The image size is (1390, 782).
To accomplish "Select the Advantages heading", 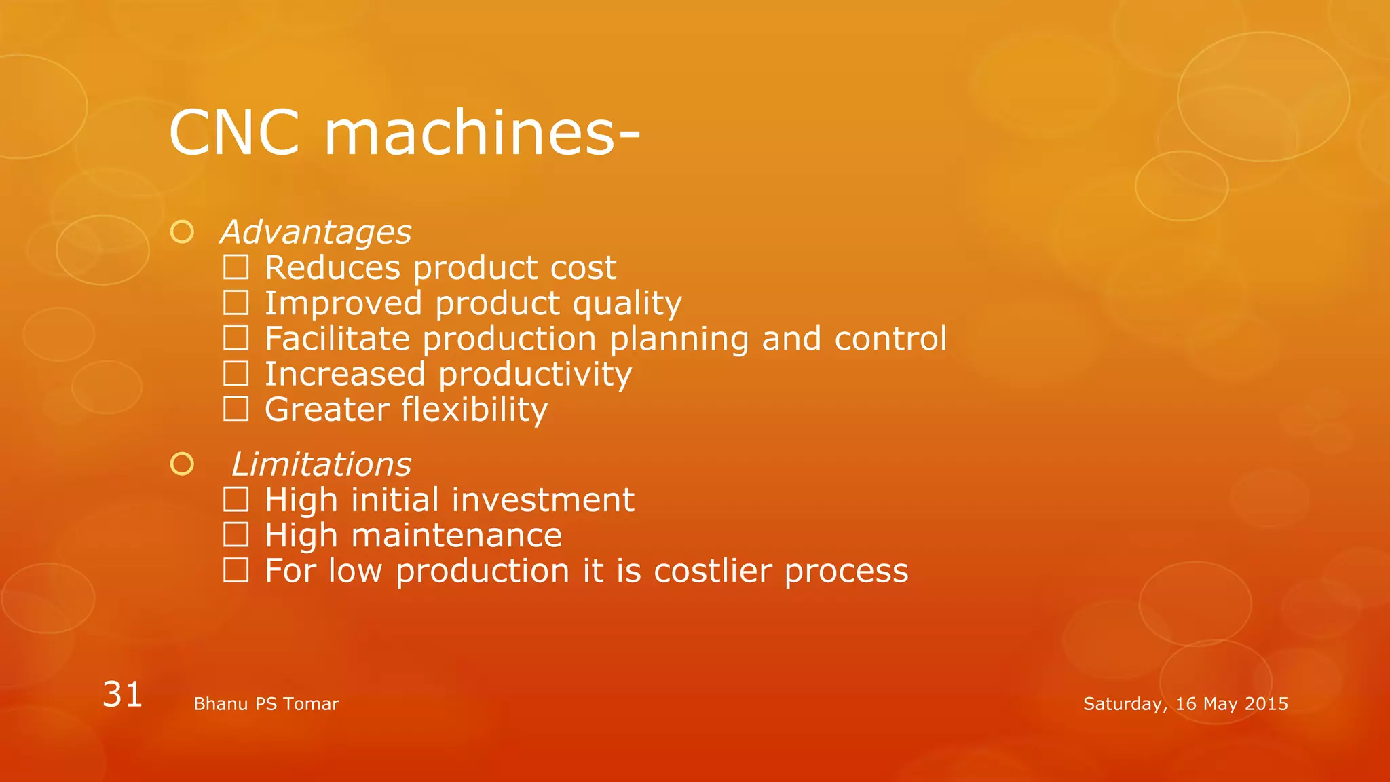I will pyautogui.click(x=316, y=232).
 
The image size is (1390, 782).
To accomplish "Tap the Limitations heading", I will pyautogui.click(x=321, y=464).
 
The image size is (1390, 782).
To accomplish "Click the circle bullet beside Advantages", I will pyautogui.click(x=182, y=232).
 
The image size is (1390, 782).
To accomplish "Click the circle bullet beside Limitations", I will pyautogui.click(x=182, y=464).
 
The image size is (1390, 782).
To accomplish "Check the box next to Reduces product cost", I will pyautogui.click(x=236, y=267).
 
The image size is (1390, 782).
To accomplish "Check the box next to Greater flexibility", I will pyautogui.click(x=236, y=409).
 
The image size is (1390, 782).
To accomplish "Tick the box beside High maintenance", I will pyautogui.click(x=236, y=535).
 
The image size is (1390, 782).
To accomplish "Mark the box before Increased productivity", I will pyautogui.click(x=236, y=373).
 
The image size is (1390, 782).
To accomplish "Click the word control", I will pyautogui.click(x=890, y=338).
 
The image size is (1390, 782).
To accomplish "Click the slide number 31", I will pyautogui.click(x=122, y=694).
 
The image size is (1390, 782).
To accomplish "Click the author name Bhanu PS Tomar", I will pyautogui.click(x=266, y=704).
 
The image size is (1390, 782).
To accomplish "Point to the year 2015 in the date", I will pyautogui.click(x=1266, y=704).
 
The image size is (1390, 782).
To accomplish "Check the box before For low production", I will pyautogui.click(x=236, y=571).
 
